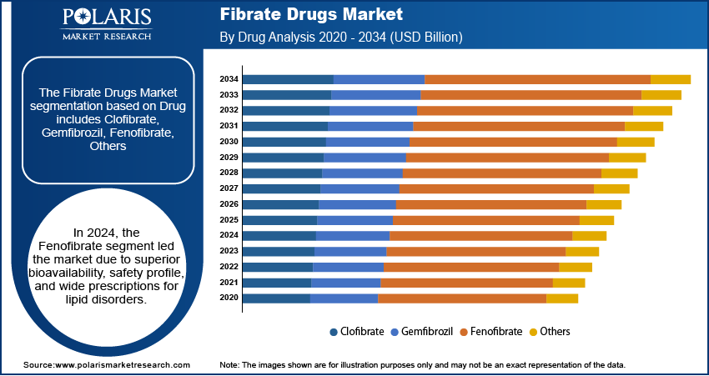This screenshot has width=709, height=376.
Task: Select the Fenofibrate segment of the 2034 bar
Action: pyautogui.click(x=537, y=79)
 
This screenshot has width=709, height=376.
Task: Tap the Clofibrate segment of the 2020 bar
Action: pyautogui.click(x=276, y=298)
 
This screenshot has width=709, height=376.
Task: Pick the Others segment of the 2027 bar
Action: pyautogui.click(x=611, y=188)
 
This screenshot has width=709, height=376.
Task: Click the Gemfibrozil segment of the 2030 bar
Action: pyautogui.click(x=367, y=142)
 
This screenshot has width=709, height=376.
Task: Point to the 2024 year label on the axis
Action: pyautogui.click(x=229, y=235)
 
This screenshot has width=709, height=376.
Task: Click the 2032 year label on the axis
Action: pyautogui.click(x=229, y=110)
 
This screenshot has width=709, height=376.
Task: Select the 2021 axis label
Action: pyautogui.click(x=229, y=283)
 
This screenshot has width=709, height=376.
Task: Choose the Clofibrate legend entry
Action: pyautogui.click(x=357, y=331)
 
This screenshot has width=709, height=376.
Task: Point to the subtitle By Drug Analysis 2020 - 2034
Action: pyautogui.click(x=341, y=38)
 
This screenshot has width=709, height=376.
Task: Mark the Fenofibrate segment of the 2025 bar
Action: pyautogui.click(x=485, y=220)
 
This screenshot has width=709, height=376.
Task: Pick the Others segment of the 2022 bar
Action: pyautogui.click(x=575, y=267)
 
